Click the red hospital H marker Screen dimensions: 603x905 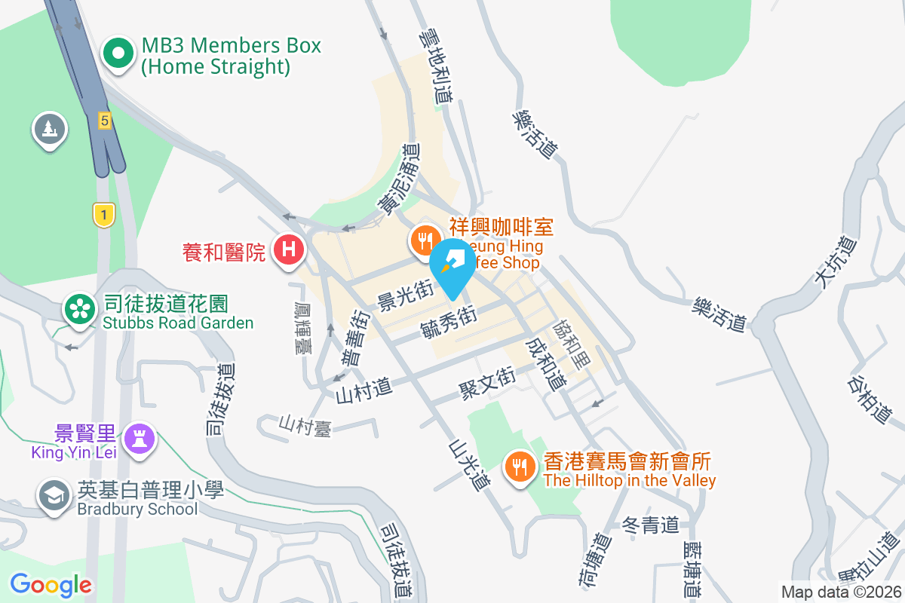(x=288, y=249)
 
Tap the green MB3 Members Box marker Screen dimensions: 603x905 (x=118, y=55)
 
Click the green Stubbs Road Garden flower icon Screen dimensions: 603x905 (x=78, y=309)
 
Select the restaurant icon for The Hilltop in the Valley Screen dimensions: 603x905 (x=519, y=467)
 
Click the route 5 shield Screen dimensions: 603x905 (x=104, y=120)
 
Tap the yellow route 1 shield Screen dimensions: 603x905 (x=103, y=215)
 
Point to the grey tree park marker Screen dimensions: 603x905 (x=50, y=129)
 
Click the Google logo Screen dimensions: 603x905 (x=51, y=584)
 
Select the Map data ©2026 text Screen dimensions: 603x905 (x=840, y=592)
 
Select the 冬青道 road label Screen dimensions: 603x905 (x=652, y=525)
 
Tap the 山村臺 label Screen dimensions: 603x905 (x=305, y=425)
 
